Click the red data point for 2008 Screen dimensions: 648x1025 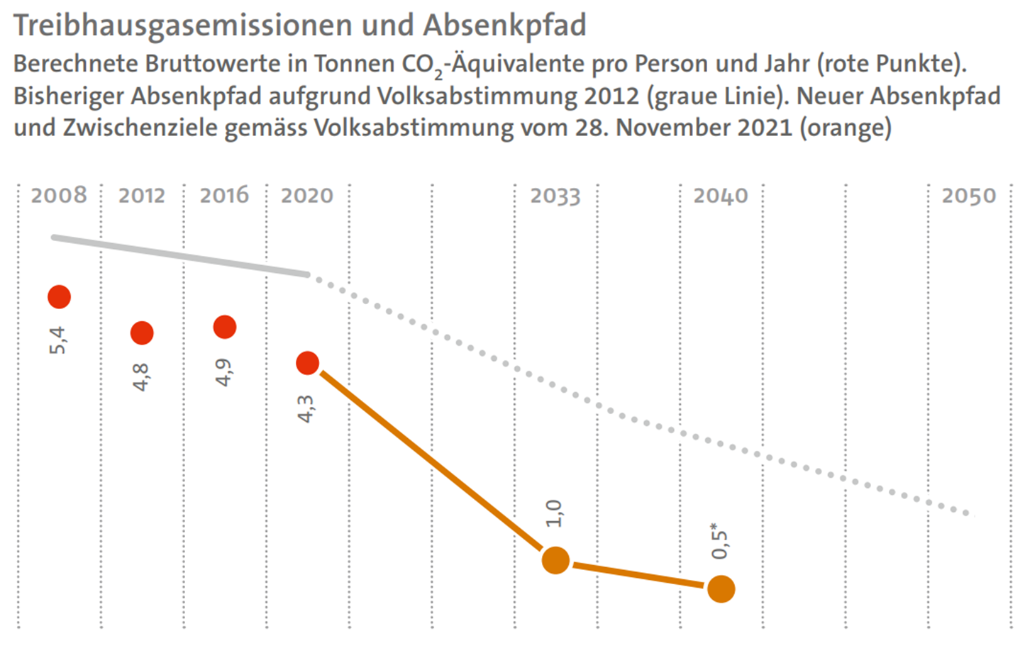coord(59,297)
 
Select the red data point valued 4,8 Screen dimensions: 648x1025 coord(142,333)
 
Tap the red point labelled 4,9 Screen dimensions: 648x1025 coord(225,327)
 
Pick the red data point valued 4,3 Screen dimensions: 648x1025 coord(307,364)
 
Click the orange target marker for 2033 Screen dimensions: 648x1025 coord(555,561)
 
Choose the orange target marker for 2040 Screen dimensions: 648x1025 coord(721,589)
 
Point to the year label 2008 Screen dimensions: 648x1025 coord(59,195)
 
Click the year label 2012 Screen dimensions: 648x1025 coord(142,195)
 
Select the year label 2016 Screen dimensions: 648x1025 coord(224,195)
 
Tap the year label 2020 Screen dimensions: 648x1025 coord(307,195)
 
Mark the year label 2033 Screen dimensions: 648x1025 coord(555,196)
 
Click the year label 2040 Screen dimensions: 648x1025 coord(721,196)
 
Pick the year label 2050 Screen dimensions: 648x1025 coord(969,196)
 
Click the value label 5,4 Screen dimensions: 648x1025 coord(58,340)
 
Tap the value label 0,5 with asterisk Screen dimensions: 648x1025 coord(720,541)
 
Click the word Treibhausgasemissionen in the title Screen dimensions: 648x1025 coord(184,26)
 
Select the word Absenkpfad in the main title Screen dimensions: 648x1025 coord(504,25)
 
